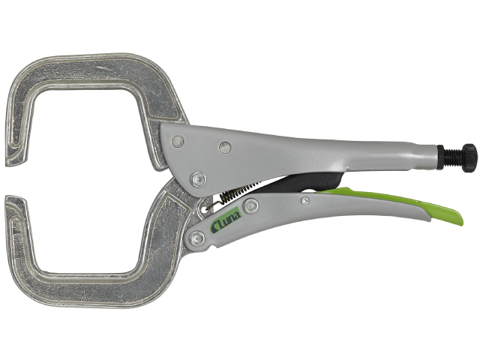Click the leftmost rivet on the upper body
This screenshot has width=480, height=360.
178,142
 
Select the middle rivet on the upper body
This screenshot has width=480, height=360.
225,148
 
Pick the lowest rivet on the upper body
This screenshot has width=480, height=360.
198,178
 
